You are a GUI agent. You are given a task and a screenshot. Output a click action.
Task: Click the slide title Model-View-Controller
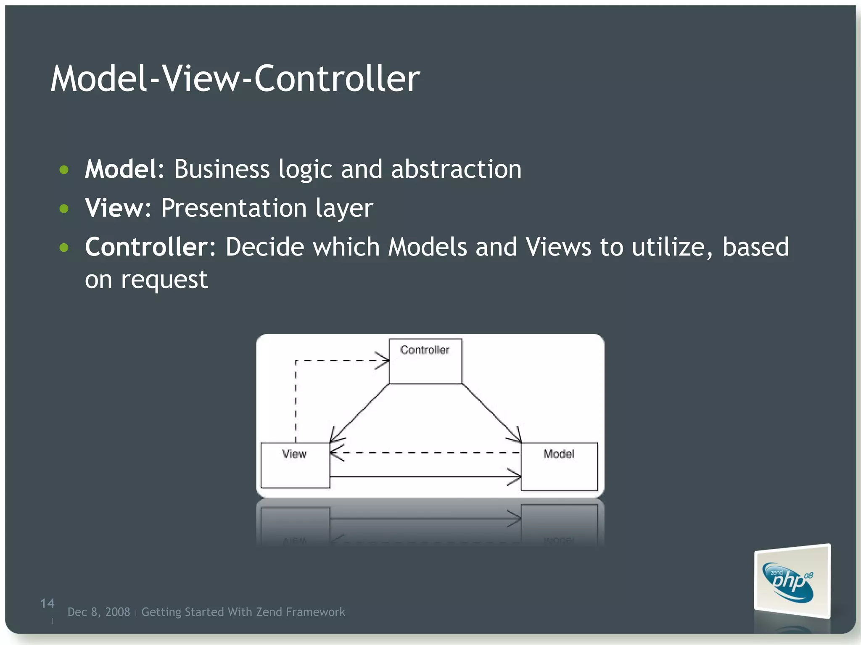235,79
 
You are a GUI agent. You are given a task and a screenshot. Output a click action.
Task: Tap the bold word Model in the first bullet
121,169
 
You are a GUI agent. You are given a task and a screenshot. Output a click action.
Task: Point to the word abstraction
456,169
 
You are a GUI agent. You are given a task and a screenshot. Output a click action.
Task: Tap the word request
164,279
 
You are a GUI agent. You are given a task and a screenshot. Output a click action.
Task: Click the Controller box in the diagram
425,361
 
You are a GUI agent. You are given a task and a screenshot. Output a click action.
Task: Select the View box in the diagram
295,465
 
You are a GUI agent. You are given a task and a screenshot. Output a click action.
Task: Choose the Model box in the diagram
559,466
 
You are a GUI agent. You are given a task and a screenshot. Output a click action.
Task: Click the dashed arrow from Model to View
425,453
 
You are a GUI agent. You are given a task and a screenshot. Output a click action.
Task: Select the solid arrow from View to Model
425,477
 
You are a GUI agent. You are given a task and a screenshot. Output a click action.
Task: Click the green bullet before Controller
64,247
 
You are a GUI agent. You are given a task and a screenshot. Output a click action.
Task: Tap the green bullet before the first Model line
64,170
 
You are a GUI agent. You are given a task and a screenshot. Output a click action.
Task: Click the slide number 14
47,603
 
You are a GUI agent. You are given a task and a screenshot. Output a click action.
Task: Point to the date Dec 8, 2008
99,612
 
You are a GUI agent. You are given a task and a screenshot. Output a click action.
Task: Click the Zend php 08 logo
792,582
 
